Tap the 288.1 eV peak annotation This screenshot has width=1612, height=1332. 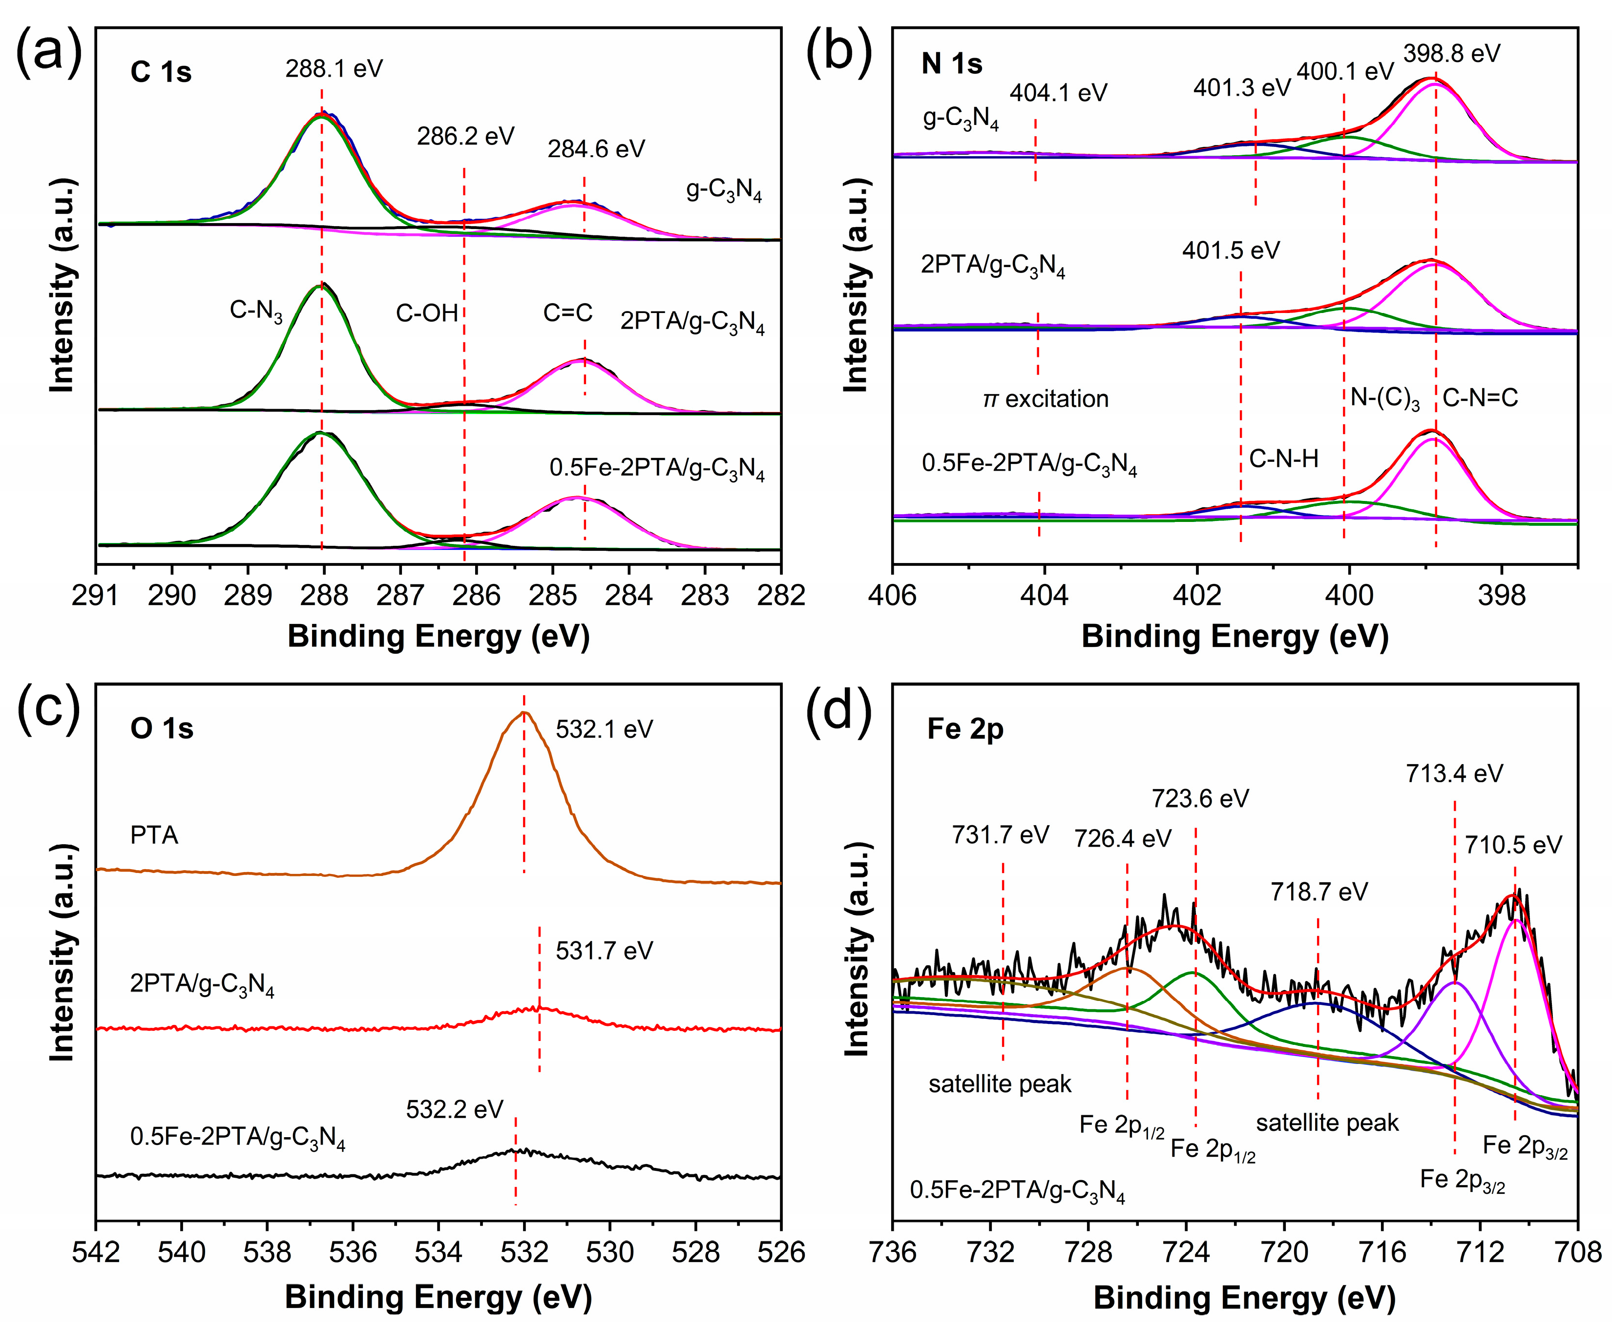coord(334,69)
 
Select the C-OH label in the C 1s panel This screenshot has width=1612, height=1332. coord(427,313)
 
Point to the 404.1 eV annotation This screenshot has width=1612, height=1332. coord(1058,93)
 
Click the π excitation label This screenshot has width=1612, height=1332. coord(1046,399)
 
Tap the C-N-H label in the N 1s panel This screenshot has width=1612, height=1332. coord(1284,459)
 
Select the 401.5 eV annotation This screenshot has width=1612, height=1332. coord(1231,251)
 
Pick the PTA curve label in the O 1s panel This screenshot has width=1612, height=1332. coord(154,835)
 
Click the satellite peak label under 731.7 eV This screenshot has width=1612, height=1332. coord(1000,1084)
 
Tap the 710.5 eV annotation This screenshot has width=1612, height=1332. coord(1513,845)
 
